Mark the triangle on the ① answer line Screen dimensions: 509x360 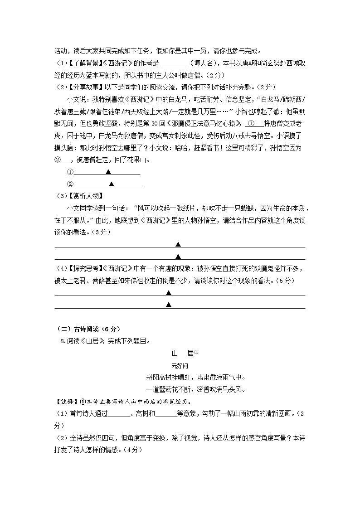[108, 172]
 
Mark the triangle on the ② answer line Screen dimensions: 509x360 [111, 184]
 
